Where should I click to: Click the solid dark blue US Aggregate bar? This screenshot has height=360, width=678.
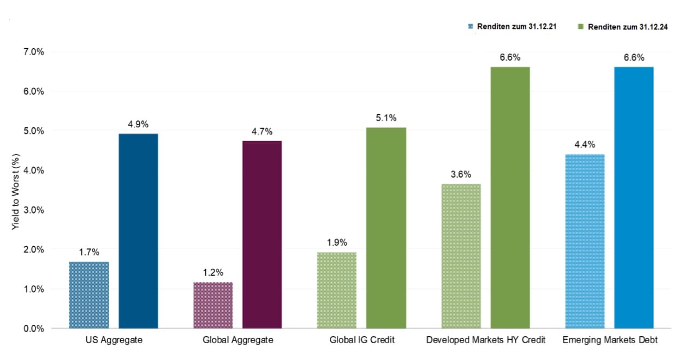click(x=138, y=231)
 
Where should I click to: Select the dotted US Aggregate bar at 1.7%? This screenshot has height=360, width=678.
click(x=89, y=295)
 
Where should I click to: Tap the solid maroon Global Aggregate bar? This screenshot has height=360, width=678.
click(x=262, y=234)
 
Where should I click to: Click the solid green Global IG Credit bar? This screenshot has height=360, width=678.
click(x=386, y=228)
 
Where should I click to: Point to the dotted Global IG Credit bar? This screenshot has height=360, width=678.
click(x=337, y=290)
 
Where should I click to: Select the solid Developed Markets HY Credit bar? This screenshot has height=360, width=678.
click(x=510, y=197)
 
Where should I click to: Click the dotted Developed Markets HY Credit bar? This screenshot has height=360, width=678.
click(x=461, y=256)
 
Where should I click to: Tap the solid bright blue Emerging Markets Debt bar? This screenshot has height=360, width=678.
click(x=634, y=197)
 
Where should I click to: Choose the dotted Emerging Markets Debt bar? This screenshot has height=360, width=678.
click(x=585, y=241)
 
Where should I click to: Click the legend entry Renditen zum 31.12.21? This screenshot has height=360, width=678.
click(x=511, y=27)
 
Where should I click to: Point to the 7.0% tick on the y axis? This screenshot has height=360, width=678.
click(x=33, y=52)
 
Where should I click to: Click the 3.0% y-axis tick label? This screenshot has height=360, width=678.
click(x=33, y=210)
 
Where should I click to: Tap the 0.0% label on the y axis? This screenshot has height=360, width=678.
click(x=33, y=328)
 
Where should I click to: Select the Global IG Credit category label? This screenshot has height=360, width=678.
click(x=361, y=340)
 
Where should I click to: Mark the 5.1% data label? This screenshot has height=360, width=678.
click(x=386, y=118)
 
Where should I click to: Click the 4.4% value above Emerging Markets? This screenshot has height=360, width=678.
click(x=585, y=145)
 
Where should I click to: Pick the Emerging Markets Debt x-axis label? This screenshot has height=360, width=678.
click(x=610, y=340)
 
